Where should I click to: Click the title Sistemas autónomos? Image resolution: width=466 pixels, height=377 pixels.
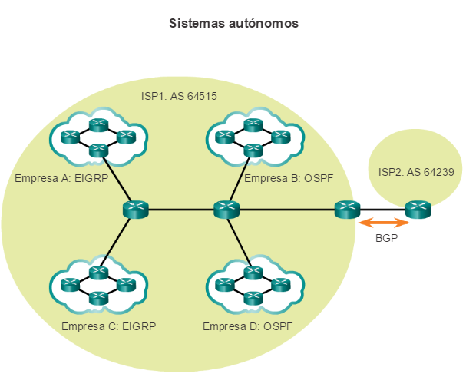(233, 24)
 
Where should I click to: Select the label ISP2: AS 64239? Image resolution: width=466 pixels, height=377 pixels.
(414, 172)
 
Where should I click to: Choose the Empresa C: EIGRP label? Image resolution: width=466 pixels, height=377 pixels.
(108, 326)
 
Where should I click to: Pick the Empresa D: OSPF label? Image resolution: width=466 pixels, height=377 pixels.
(247, 326)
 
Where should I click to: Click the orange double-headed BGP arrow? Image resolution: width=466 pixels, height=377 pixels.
(384, 223)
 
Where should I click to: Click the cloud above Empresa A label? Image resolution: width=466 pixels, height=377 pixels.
(96, 137)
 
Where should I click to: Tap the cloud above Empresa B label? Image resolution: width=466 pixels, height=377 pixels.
(251, 137)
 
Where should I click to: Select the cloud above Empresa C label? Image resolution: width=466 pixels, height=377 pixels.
(96, 285)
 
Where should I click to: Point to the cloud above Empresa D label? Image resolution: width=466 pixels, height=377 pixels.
(251, 285)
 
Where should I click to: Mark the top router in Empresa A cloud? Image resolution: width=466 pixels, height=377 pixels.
(97, 124)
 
